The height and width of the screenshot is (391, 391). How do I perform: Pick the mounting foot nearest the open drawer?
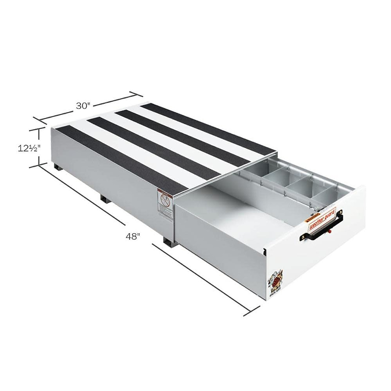pyautogui.click(x=168, y=242)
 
